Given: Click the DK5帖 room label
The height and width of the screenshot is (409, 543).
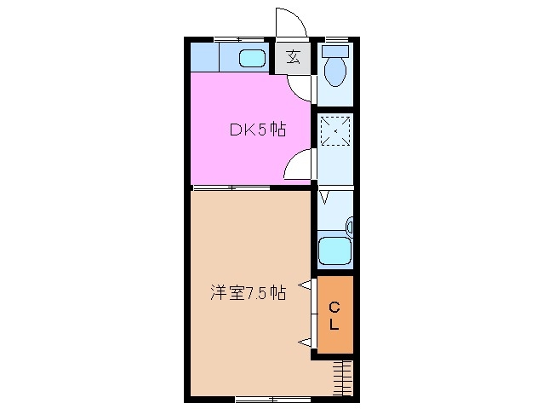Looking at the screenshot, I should [x=256, y=130].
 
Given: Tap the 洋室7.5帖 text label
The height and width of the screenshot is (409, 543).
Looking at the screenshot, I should [x=248, y=293].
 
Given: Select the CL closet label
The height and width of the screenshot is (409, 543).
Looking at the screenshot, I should [x=334, y=316].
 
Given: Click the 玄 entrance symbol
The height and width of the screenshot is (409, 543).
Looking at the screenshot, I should [x=292, y=58].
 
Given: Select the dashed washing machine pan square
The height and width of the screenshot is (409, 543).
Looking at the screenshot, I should [x=334, y=130].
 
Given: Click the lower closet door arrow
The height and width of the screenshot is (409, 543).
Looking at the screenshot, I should [x=303, y=342].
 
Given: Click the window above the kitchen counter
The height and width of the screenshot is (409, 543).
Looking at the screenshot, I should [x=237, y=39].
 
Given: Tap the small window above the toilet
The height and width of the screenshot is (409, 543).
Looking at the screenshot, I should [x=335, y=39].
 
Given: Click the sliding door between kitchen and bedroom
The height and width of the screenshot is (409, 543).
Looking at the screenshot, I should [x=226, y=187].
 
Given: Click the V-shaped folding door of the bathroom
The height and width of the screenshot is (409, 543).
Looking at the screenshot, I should [x=324, y=199].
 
